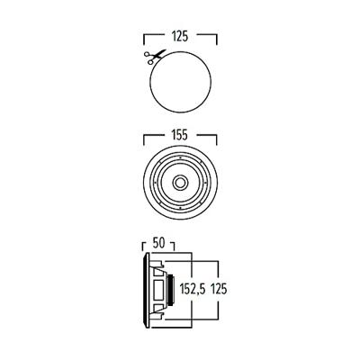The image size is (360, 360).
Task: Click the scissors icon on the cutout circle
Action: tap(148, 57)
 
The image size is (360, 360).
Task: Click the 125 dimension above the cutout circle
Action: tap(181, 38)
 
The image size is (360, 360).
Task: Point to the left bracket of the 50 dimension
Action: tap(143, 246)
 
